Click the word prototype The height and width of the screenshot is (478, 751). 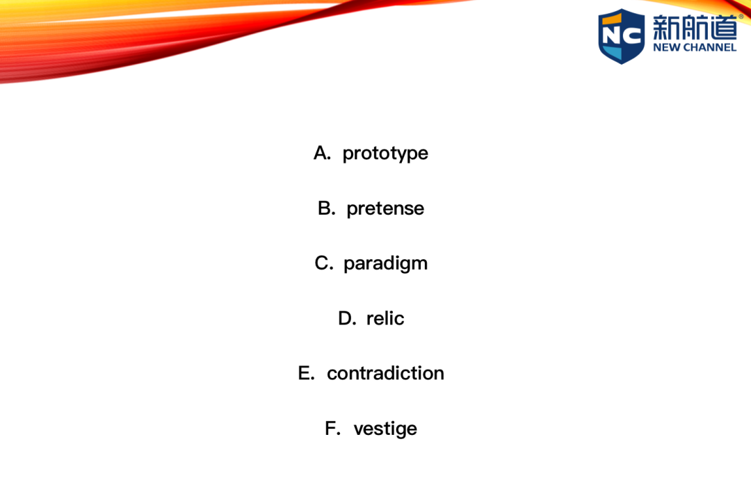point(385,154)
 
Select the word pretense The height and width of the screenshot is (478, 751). point(385,208)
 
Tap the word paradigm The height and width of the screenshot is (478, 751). point(385,263)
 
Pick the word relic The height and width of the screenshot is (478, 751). point(385,318)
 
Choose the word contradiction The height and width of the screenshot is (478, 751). point(385,373)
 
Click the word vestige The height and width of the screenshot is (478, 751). point(385,429)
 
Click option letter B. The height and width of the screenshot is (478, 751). point(326,208)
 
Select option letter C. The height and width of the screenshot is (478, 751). point(323,263)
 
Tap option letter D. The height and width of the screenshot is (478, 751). point(347,318)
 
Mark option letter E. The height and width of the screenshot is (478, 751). point(306,373)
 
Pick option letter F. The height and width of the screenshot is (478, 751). point(332,428)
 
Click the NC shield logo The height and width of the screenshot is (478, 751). point(621,36)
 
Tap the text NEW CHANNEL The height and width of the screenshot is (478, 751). point(695,47)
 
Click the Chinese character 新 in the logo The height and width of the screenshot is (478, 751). point(666,27)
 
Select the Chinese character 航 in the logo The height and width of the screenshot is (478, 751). point(695,27)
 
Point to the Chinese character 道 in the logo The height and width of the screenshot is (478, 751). point(723,27)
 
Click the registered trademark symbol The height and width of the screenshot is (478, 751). point(741,16)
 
